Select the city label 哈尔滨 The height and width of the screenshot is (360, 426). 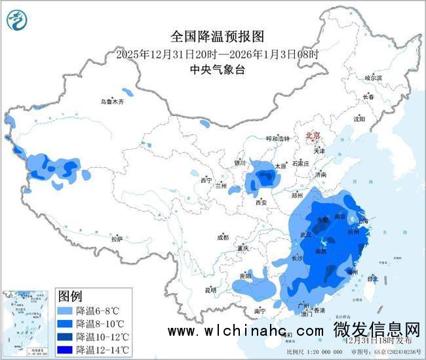pos(373,77)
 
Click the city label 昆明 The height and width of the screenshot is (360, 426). pos(210,289)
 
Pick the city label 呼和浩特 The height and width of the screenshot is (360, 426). pos(277,139)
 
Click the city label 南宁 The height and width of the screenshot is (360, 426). pos(260,310)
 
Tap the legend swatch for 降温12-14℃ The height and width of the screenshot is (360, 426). pos(66,349)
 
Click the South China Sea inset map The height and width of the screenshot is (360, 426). pos(27,323)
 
